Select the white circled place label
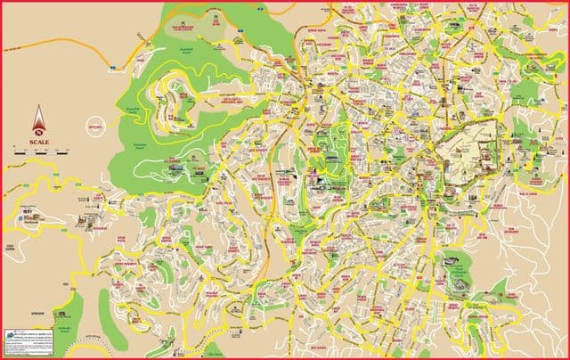(97, 127)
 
